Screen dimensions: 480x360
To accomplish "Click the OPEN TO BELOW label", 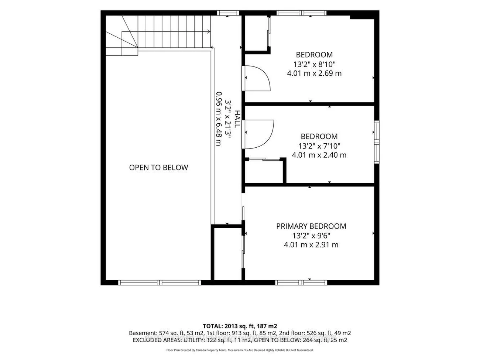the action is click(158, 168).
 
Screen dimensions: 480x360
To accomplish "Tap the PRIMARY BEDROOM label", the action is click(311, 226).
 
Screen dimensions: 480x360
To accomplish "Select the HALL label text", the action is click(237, 119).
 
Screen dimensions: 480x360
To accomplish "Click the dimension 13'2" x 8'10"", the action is click(314, 64).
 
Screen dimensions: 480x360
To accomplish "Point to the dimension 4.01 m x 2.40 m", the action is click(319, 155).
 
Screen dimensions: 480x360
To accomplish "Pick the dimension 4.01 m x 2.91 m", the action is click(311, 245).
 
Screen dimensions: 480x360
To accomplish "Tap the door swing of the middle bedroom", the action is click(259, 134).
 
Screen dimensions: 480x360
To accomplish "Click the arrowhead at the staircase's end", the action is click(208, 32).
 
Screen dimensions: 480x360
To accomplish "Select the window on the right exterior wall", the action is click(377, 142).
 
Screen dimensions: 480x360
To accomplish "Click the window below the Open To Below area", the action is click(160, 282).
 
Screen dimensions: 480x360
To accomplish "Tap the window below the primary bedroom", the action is click(301, 282).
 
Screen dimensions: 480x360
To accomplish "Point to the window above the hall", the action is click(228, 13).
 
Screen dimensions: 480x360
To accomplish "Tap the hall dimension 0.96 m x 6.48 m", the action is click(219, 119).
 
